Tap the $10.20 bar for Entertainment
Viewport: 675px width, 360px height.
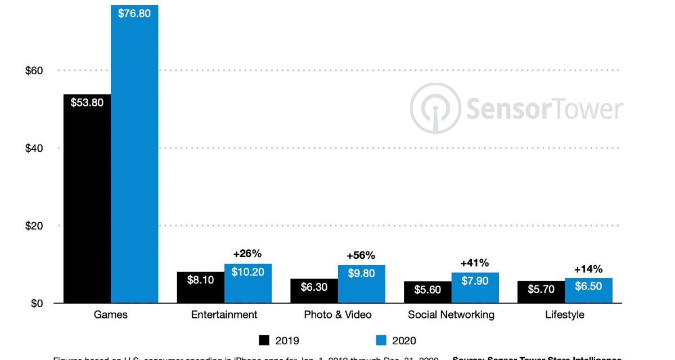(x=248, y=283)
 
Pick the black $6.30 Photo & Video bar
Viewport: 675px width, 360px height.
(x=314, y=291)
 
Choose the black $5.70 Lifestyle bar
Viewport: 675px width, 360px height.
(x=541, y=292)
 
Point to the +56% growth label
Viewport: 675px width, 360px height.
(x=361, y=255)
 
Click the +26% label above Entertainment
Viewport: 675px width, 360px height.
(x=247, y=253)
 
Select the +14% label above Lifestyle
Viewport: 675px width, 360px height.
(x=588, y=268)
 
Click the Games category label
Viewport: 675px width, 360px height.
(x=110, y=315)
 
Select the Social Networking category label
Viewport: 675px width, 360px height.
(x=451, y=315)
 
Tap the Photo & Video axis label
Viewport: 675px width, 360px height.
(x=337, y=315)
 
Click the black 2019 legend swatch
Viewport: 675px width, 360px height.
(x=265, y=340)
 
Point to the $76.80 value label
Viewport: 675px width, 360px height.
(x=134, y=13)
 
